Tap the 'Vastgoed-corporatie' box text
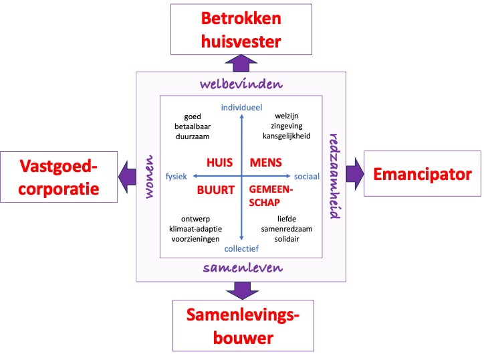pyautogui.click(x=59, y=176)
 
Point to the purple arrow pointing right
pyautogui.click(x=354, y=175)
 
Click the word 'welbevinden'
pyautogui.click(x=242, y=84)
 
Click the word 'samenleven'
pyautogui.click(x=242, y=268)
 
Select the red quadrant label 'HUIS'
pyautogui.click(x=219, y=163)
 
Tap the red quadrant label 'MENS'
pyautogui.click(x=265, y=163)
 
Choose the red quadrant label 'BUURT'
pyautogui.click(x=215, y=189)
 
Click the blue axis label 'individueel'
pyautogui.click(x=241, y=107)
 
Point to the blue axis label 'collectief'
pyautogui.click(x=241, y=248)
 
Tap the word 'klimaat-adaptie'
pyautogui.click(x=195, y=228)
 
